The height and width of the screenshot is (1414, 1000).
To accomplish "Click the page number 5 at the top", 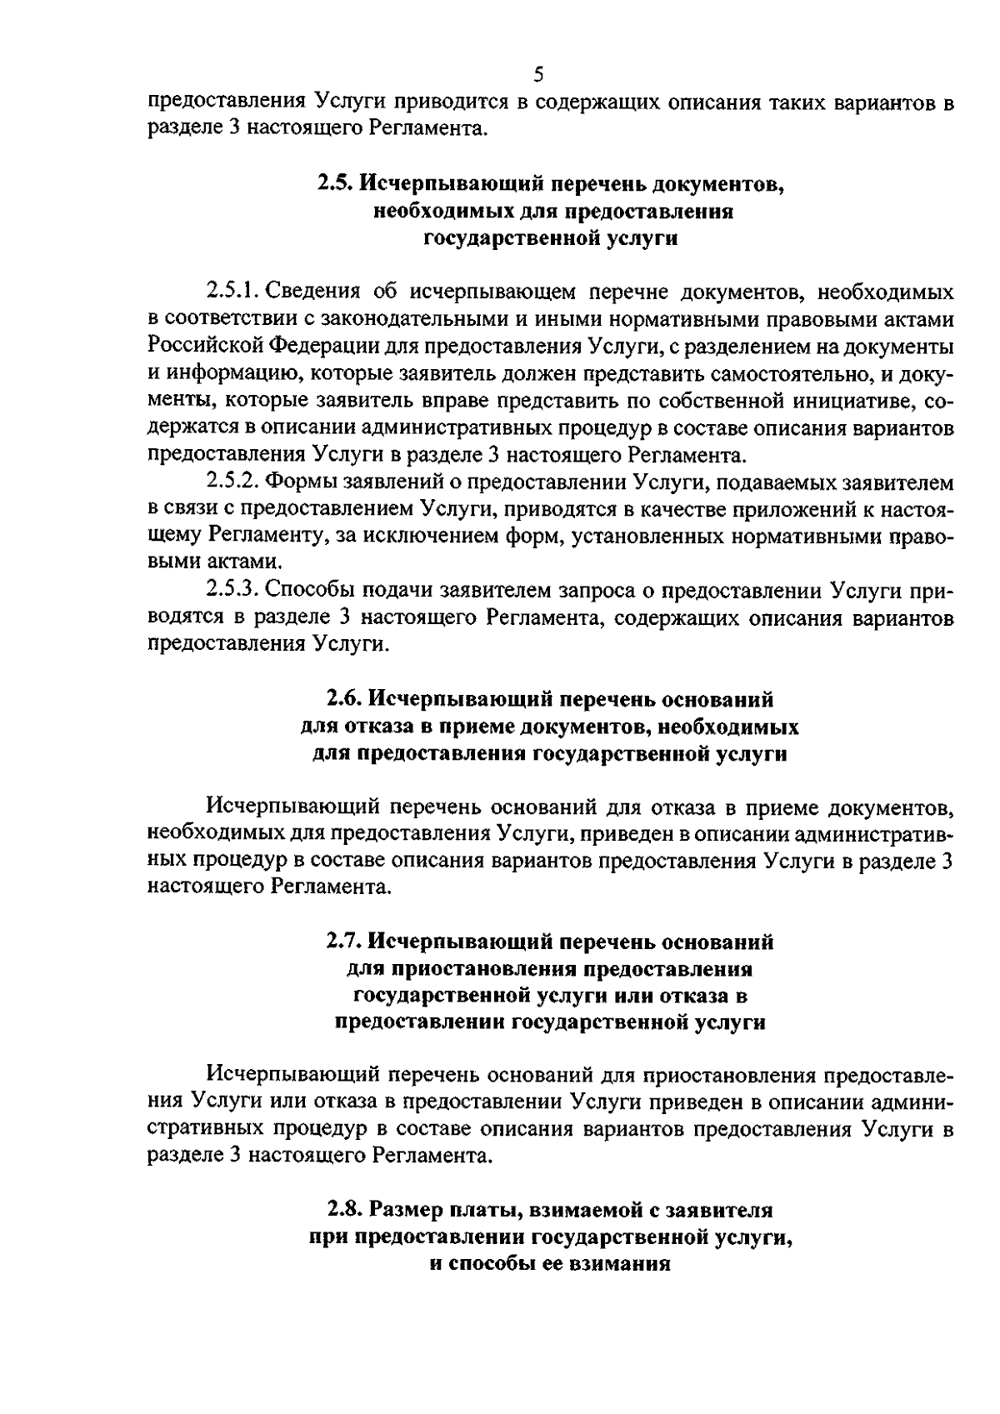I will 537,76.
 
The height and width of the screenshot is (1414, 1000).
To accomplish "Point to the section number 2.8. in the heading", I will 345,1208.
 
